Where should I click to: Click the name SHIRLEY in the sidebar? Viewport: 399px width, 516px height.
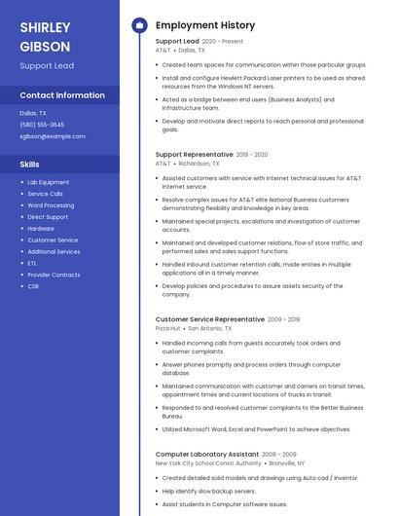point(45,26)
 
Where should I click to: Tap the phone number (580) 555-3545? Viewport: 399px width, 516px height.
point(42,125)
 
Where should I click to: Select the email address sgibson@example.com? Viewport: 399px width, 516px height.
point(53,136)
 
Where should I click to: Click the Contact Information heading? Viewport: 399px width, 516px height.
point(62,95)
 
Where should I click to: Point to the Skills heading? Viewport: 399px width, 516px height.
point(30,165)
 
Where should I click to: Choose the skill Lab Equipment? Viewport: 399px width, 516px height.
point(49,182)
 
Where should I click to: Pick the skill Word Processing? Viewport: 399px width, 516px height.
point(51,205)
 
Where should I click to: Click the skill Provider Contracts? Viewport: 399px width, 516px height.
point(54,275)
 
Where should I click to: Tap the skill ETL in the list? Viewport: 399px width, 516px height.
point(32,263)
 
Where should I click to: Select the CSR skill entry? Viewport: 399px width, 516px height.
point(33,286)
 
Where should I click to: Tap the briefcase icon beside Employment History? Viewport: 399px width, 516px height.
point(138,24)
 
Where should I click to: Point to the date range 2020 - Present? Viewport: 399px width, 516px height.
point(224,42)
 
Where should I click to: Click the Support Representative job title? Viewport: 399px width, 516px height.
point(194,155)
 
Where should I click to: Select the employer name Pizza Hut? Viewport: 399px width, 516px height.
point(167,328)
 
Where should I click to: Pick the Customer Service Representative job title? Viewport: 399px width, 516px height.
point(209,319)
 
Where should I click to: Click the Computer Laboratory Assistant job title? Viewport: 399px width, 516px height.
point(206,455)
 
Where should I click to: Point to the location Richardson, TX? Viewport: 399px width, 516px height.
point(199,164)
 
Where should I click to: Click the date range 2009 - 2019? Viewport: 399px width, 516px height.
point(284,319)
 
